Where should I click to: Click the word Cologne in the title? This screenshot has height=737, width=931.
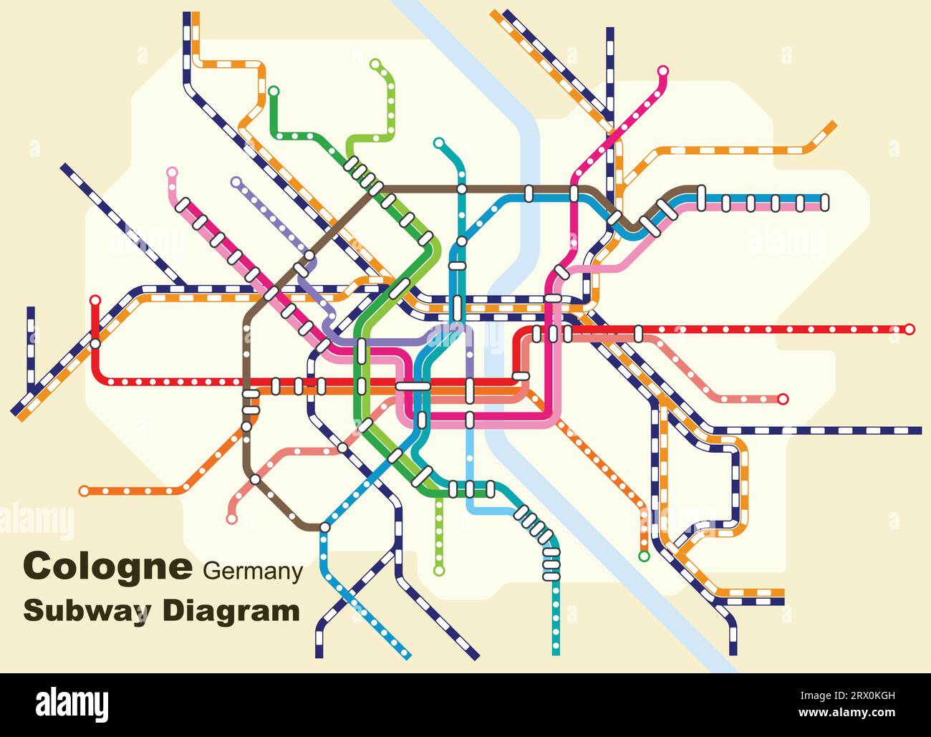pyautogui.click(x=107, y=566)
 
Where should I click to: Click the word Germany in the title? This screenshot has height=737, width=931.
pyautogui.click(x=253, y=572)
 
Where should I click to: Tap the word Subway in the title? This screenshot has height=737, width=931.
pyautogui.click(x=87, y=611)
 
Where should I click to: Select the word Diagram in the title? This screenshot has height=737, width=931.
pyautogui.click(x=231, y=611)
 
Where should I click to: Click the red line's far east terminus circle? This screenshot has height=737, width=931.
pyautogui.click(x=910, y=329)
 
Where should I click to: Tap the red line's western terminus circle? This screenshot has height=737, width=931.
pyautogui.click(x=95, y=300)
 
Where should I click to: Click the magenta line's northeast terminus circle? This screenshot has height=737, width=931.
pyautogui.click(x=663, y=71)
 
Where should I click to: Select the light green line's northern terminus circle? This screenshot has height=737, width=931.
pyautogui.click(x=375, y=64)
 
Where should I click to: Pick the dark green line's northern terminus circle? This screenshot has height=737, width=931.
pyautogui.click(x=274, y=91)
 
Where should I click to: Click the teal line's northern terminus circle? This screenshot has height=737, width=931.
pyautogui.click(x=439, y=143)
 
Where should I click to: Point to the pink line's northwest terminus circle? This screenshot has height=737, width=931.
pyautogui.click(x=171, y=172)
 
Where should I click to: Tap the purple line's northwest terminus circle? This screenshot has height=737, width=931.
pyautogui.click(x=236, y=182)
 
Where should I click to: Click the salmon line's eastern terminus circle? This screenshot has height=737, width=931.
pyautogui.click(x=783, y=398)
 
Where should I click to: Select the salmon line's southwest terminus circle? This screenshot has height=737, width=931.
pyautogui.click(x=231, y=519)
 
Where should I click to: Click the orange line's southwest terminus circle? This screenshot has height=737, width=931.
pyautogui.click(x=85, y=491)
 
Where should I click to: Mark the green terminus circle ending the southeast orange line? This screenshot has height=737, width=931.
pyautogui.click(x=644, y=556)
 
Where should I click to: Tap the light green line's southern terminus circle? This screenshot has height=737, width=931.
pyautogui.click(x=439, y=571)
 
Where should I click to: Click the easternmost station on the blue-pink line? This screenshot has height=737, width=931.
pyautogui.click(x=824, y=202)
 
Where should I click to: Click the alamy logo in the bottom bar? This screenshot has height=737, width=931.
pyautogui.click(x=72, y=705)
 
